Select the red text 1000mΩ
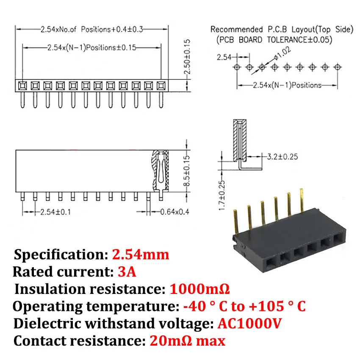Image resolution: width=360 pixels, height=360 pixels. (x=199, y=289)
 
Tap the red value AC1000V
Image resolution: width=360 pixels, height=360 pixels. (x=250, y=324)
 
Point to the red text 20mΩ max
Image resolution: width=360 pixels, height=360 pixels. (x=188, y=341)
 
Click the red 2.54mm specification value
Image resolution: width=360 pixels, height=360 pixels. (x=141, y=255)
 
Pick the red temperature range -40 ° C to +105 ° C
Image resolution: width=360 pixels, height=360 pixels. (x=245, y=306)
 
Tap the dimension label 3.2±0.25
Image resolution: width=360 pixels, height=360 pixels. (x=280, y=157)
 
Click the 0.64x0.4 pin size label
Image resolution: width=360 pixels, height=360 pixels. (x=174, y=211)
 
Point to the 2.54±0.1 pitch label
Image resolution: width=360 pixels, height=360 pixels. (x=53, y=211)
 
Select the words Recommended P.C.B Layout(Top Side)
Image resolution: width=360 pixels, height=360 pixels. (x=282, y=30)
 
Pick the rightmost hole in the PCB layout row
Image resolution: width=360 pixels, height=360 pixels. (x=338, y=67)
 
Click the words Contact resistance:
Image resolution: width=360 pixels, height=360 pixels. (x=80, y=341)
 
